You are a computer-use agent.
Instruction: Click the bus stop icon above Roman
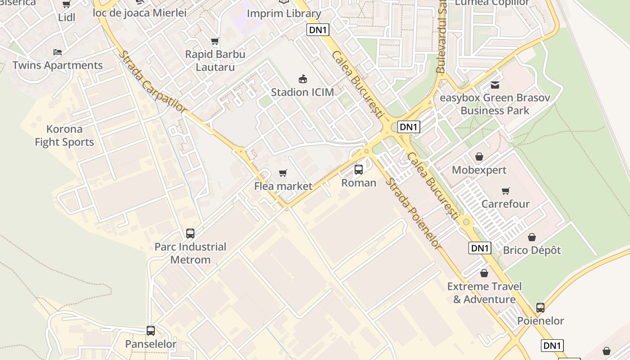[x=359, y=170]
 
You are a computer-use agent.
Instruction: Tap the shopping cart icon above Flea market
[x=283, y=173]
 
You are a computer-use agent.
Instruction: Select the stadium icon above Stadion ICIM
[x=303, y=79]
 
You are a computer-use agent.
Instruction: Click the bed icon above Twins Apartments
[x=58, y=52]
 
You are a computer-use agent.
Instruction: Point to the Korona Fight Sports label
[x=64, y=135]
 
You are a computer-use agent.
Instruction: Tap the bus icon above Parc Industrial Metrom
[x=190, y=234]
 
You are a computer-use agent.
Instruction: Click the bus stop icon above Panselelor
[x=151, y=331]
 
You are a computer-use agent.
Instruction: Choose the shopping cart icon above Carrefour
[x=506, y=191]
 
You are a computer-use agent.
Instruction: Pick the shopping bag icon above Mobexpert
[x=479, y=157]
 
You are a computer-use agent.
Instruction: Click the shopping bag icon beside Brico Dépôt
[x=532, y=237]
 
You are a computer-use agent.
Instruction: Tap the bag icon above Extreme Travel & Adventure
[x=484, y=273]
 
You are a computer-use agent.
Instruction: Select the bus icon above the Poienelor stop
[x=540, y=308]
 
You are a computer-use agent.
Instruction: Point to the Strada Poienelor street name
[x=414, y=213]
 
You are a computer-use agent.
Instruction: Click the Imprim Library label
[x=284, y=13]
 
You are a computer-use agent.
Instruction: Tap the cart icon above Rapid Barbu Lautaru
[x=215, y=41]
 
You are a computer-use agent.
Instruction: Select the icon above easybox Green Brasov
[x=495, y=85]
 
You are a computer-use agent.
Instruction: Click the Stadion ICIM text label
[x=302, y=92]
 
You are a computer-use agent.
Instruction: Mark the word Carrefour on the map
[x=505, y=204]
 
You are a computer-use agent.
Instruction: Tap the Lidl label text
[x=67, y=18]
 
